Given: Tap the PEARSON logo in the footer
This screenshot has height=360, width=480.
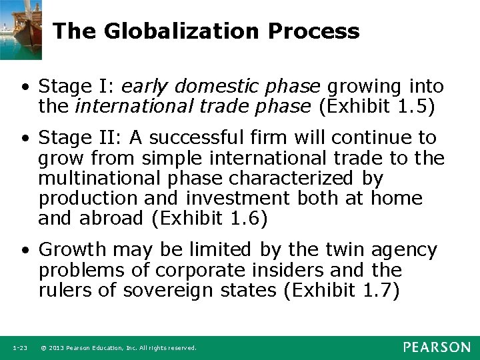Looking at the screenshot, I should pyautogui.click(x=436, y=347).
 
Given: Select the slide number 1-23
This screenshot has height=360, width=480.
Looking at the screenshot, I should pyautogui.click(x=19, y=348).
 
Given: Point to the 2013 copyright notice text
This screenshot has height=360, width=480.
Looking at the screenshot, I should pyautogui.click(x=119, y=348).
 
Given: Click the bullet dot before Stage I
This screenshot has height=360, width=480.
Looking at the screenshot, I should pyautogui.click(x=25, y=87).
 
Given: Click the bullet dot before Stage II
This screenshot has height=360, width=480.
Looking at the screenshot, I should pyautogui.click(x=25, y=139).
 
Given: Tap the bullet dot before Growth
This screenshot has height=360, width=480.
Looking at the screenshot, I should pyautogui.click(x=25, y=251).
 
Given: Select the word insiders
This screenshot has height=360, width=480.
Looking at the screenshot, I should pyautogui.click(x=308, y=270).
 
